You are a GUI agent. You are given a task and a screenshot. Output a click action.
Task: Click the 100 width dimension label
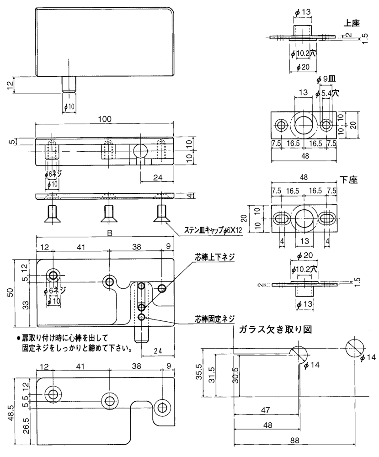click(x=105, y=118)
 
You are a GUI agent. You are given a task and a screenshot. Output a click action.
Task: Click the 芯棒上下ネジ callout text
click(x=214, y=258)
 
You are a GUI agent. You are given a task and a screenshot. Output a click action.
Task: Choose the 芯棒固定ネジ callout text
click(x=214, y=318)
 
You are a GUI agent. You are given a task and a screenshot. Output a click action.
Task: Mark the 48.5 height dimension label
click(x=18, y=411)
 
